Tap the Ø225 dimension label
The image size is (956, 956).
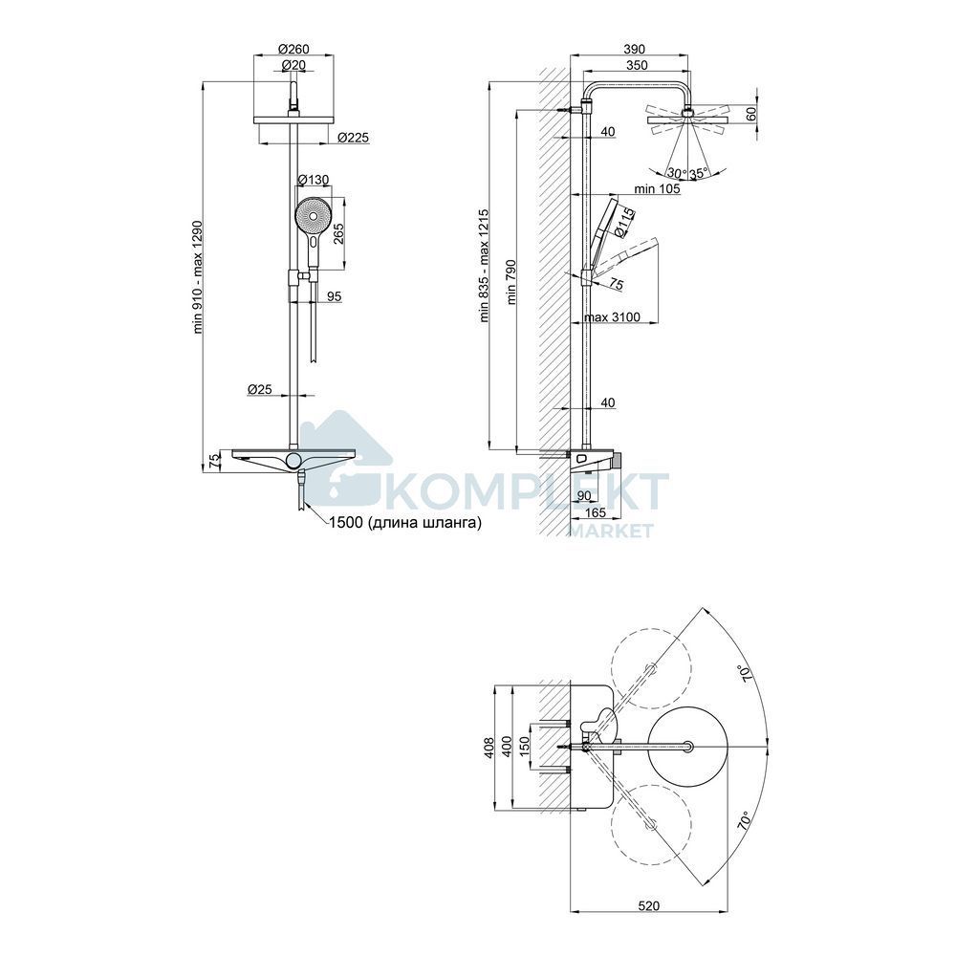pyautogui.click(x=353, y=138)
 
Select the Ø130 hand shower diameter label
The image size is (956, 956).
pyautogui.click(x=313, y=180)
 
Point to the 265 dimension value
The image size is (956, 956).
pyautogui.click(x=338, y=231)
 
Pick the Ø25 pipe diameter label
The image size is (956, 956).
pyautogui.click(x=260, y=388)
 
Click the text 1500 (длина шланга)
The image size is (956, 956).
pyautogui.click(x=404, y=523)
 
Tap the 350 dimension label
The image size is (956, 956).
pyautogui.click(x=637, y=65)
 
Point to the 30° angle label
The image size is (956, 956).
pyautogui.click(x=677, y=172)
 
